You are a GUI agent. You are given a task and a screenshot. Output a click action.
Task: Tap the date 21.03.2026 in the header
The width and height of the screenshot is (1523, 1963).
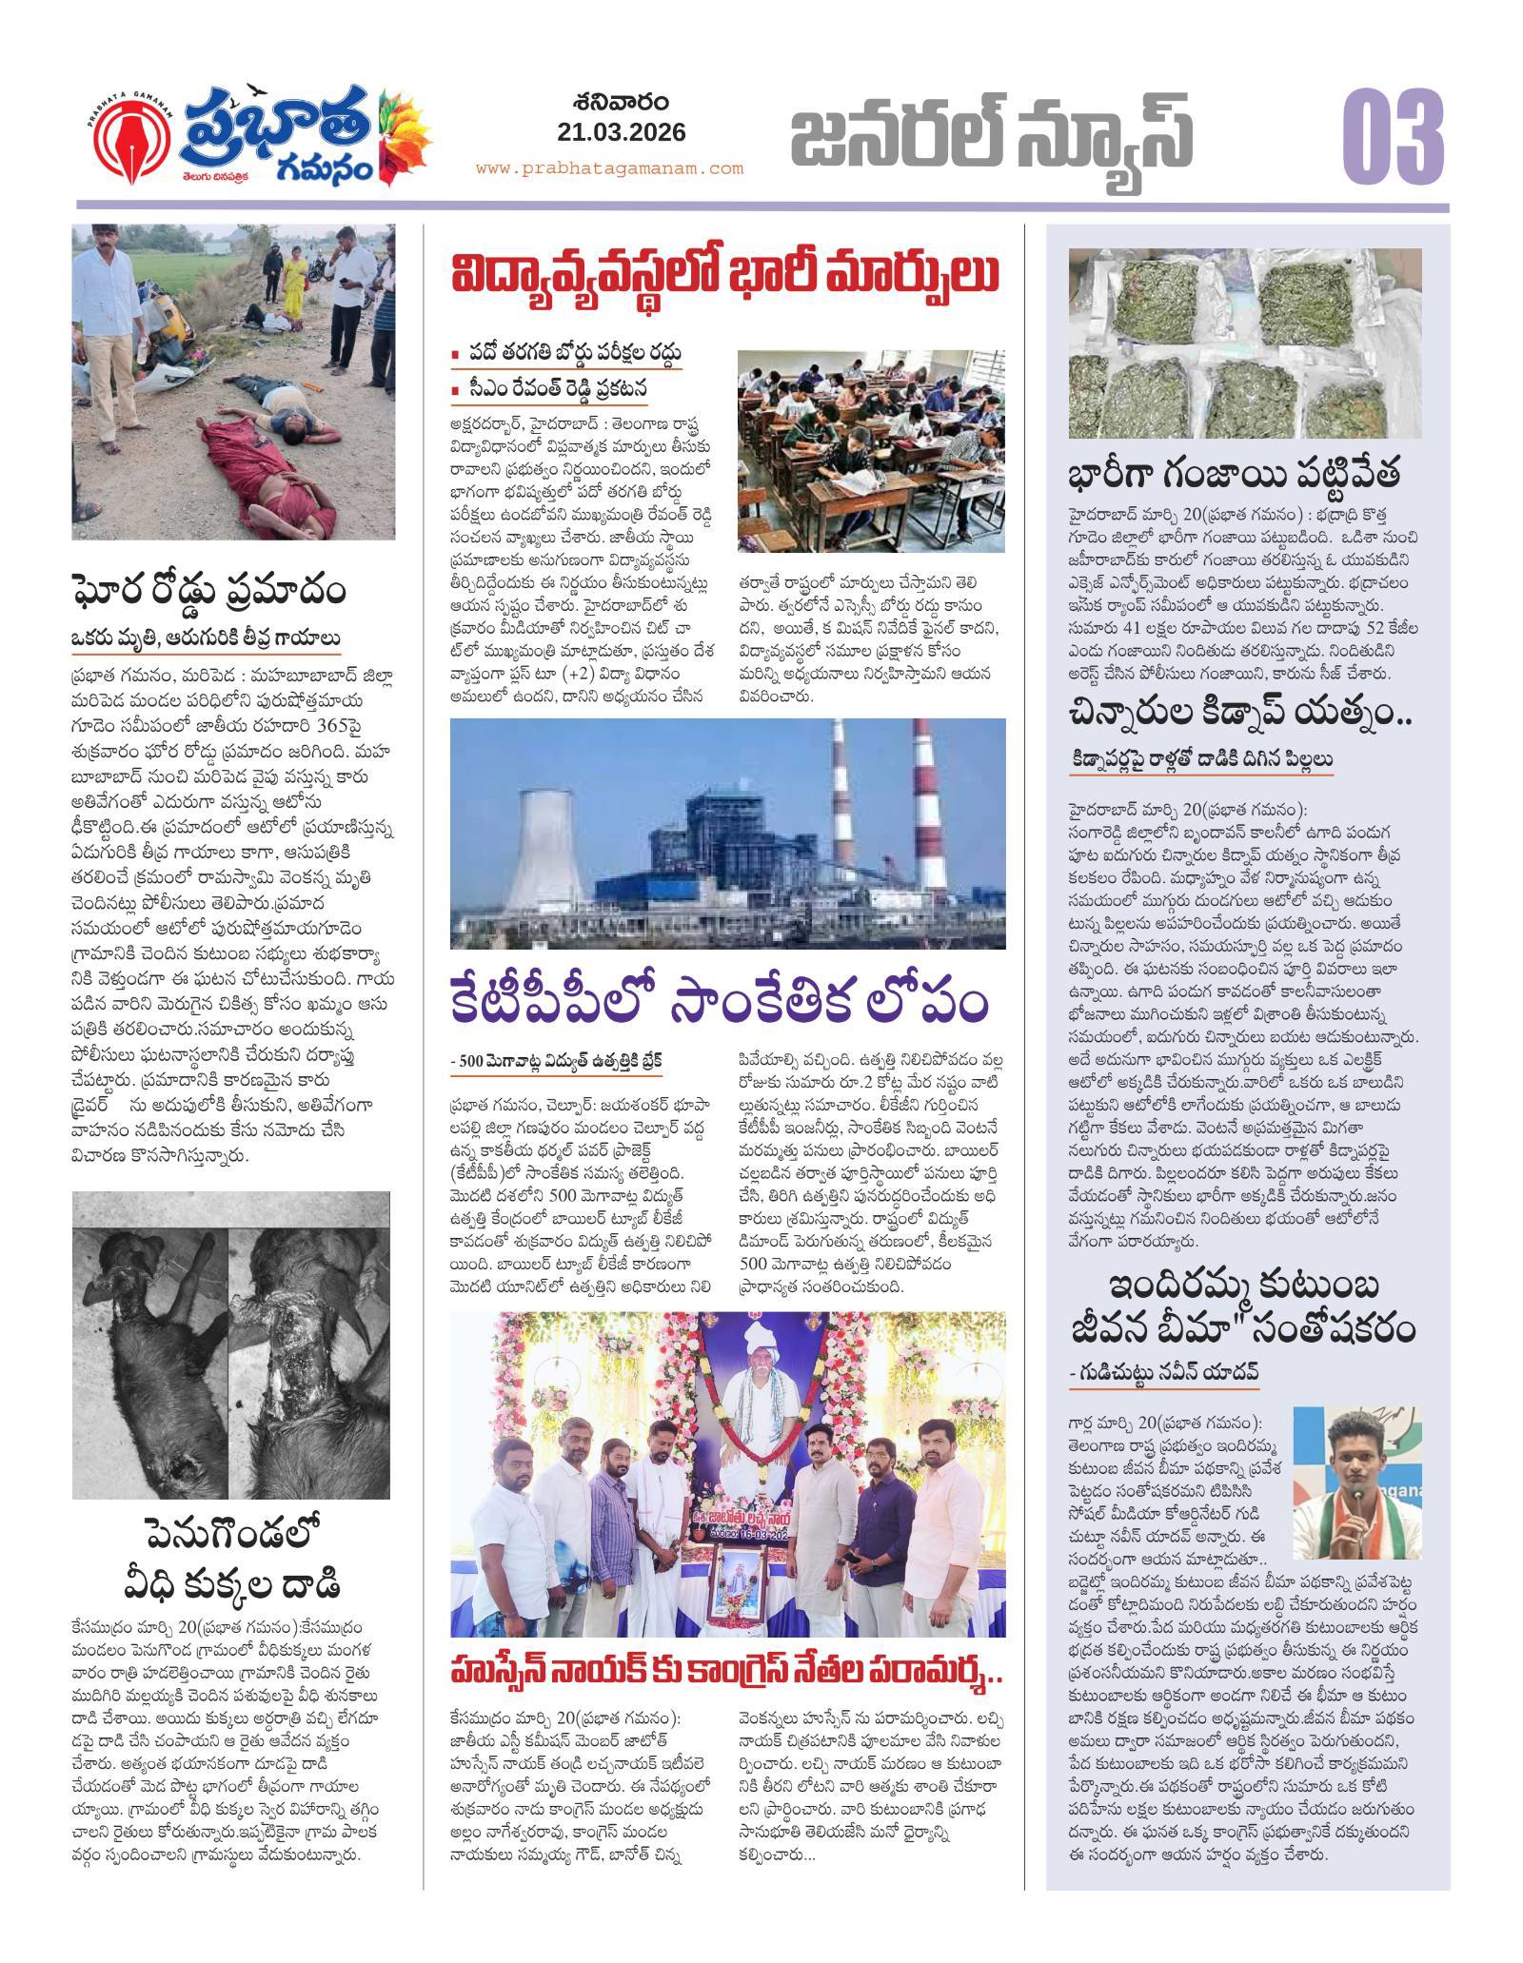623,132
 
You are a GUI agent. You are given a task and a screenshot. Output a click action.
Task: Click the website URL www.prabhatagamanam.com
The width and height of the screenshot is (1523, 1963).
609,168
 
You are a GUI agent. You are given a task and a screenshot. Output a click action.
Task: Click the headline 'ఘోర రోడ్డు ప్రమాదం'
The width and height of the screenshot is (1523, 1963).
208,591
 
